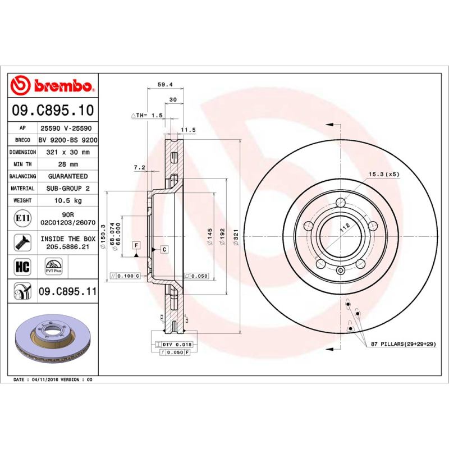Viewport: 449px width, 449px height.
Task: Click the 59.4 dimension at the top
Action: pos(164,85)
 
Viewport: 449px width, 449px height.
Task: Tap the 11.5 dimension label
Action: pos(188,130)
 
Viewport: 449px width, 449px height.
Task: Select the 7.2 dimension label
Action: pos(140,167)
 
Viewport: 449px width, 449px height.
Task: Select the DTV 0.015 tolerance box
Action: pos(177,344)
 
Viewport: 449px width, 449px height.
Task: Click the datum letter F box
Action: pos(136,245)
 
